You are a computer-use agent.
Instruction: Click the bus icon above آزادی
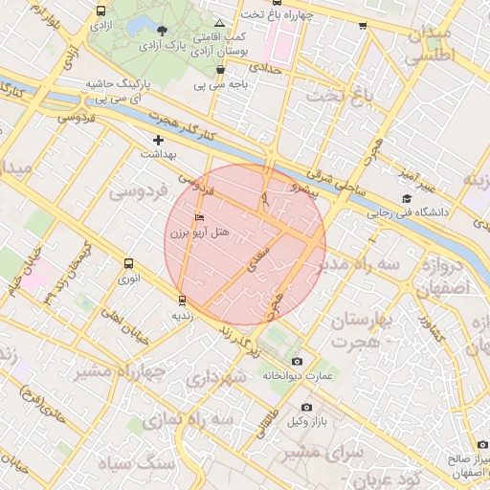101,11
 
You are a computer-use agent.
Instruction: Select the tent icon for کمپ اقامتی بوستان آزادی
220,22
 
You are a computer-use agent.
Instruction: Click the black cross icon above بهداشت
159,141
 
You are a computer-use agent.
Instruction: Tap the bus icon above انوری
128,263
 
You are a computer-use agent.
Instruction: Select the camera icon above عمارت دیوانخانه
297,361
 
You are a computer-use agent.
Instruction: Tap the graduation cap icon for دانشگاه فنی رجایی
406,199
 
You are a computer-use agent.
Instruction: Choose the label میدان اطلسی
427,46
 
